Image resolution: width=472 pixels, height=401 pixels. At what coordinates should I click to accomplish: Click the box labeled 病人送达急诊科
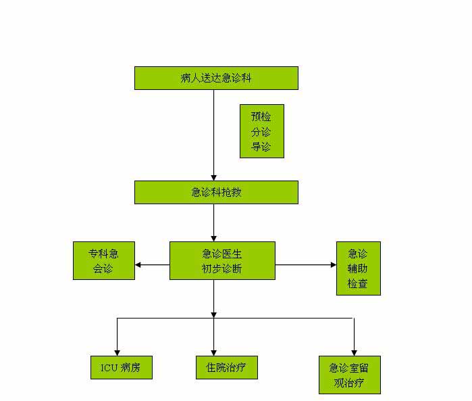pyautogui.click(x=216, y=78)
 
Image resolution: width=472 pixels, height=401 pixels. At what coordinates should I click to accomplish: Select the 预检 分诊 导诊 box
pyautogui.click(x=261, y=131)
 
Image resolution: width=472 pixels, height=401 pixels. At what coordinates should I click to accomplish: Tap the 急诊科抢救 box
pyautogui.click(x=216, y=192)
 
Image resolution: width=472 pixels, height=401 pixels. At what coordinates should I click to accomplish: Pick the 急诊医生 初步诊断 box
pyautogui.click(x=222, y=260)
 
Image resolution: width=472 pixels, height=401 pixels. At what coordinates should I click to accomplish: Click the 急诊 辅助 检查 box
pyautogui.click(x=358, y=268)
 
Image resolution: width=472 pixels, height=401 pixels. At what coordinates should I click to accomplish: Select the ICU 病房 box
pyautogui.click(x=121, y=368)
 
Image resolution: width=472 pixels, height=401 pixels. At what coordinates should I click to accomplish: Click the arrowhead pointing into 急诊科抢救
pyautogui.click(x=214, y=177)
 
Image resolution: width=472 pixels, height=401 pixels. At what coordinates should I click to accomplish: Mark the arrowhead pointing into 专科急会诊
pyautogui.click(x=138, y=264)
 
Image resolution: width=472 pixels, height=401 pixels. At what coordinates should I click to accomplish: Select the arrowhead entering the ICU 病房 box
pyautogui.click(x=117, y=352)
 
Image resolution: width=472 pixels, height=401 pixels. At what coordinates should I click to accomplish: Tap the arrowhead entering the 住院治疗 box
pyautogui.click(x=214, y=352)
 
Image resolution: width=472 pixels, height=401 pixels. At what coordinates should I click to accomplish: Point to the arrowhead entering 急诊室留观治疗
pyautogui.click(x=354, y=352)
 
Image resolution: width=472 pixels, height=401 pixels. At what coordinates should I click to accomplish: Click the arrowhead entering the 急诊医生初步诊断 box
pyautogui.click(x=214, y=238)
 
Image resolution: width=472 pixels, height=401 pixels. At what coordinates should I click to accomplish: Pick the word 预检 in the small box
pyautogui.click(x=261, y=116)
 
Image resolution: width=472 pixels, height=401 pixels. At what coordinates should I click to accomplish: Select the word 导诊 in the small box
pyautogui.click(x=261, y=146)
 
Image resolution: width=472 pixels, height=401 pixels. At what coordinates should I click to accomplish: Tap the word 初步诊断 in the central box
pyautogui.click(x=222, y=268)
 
